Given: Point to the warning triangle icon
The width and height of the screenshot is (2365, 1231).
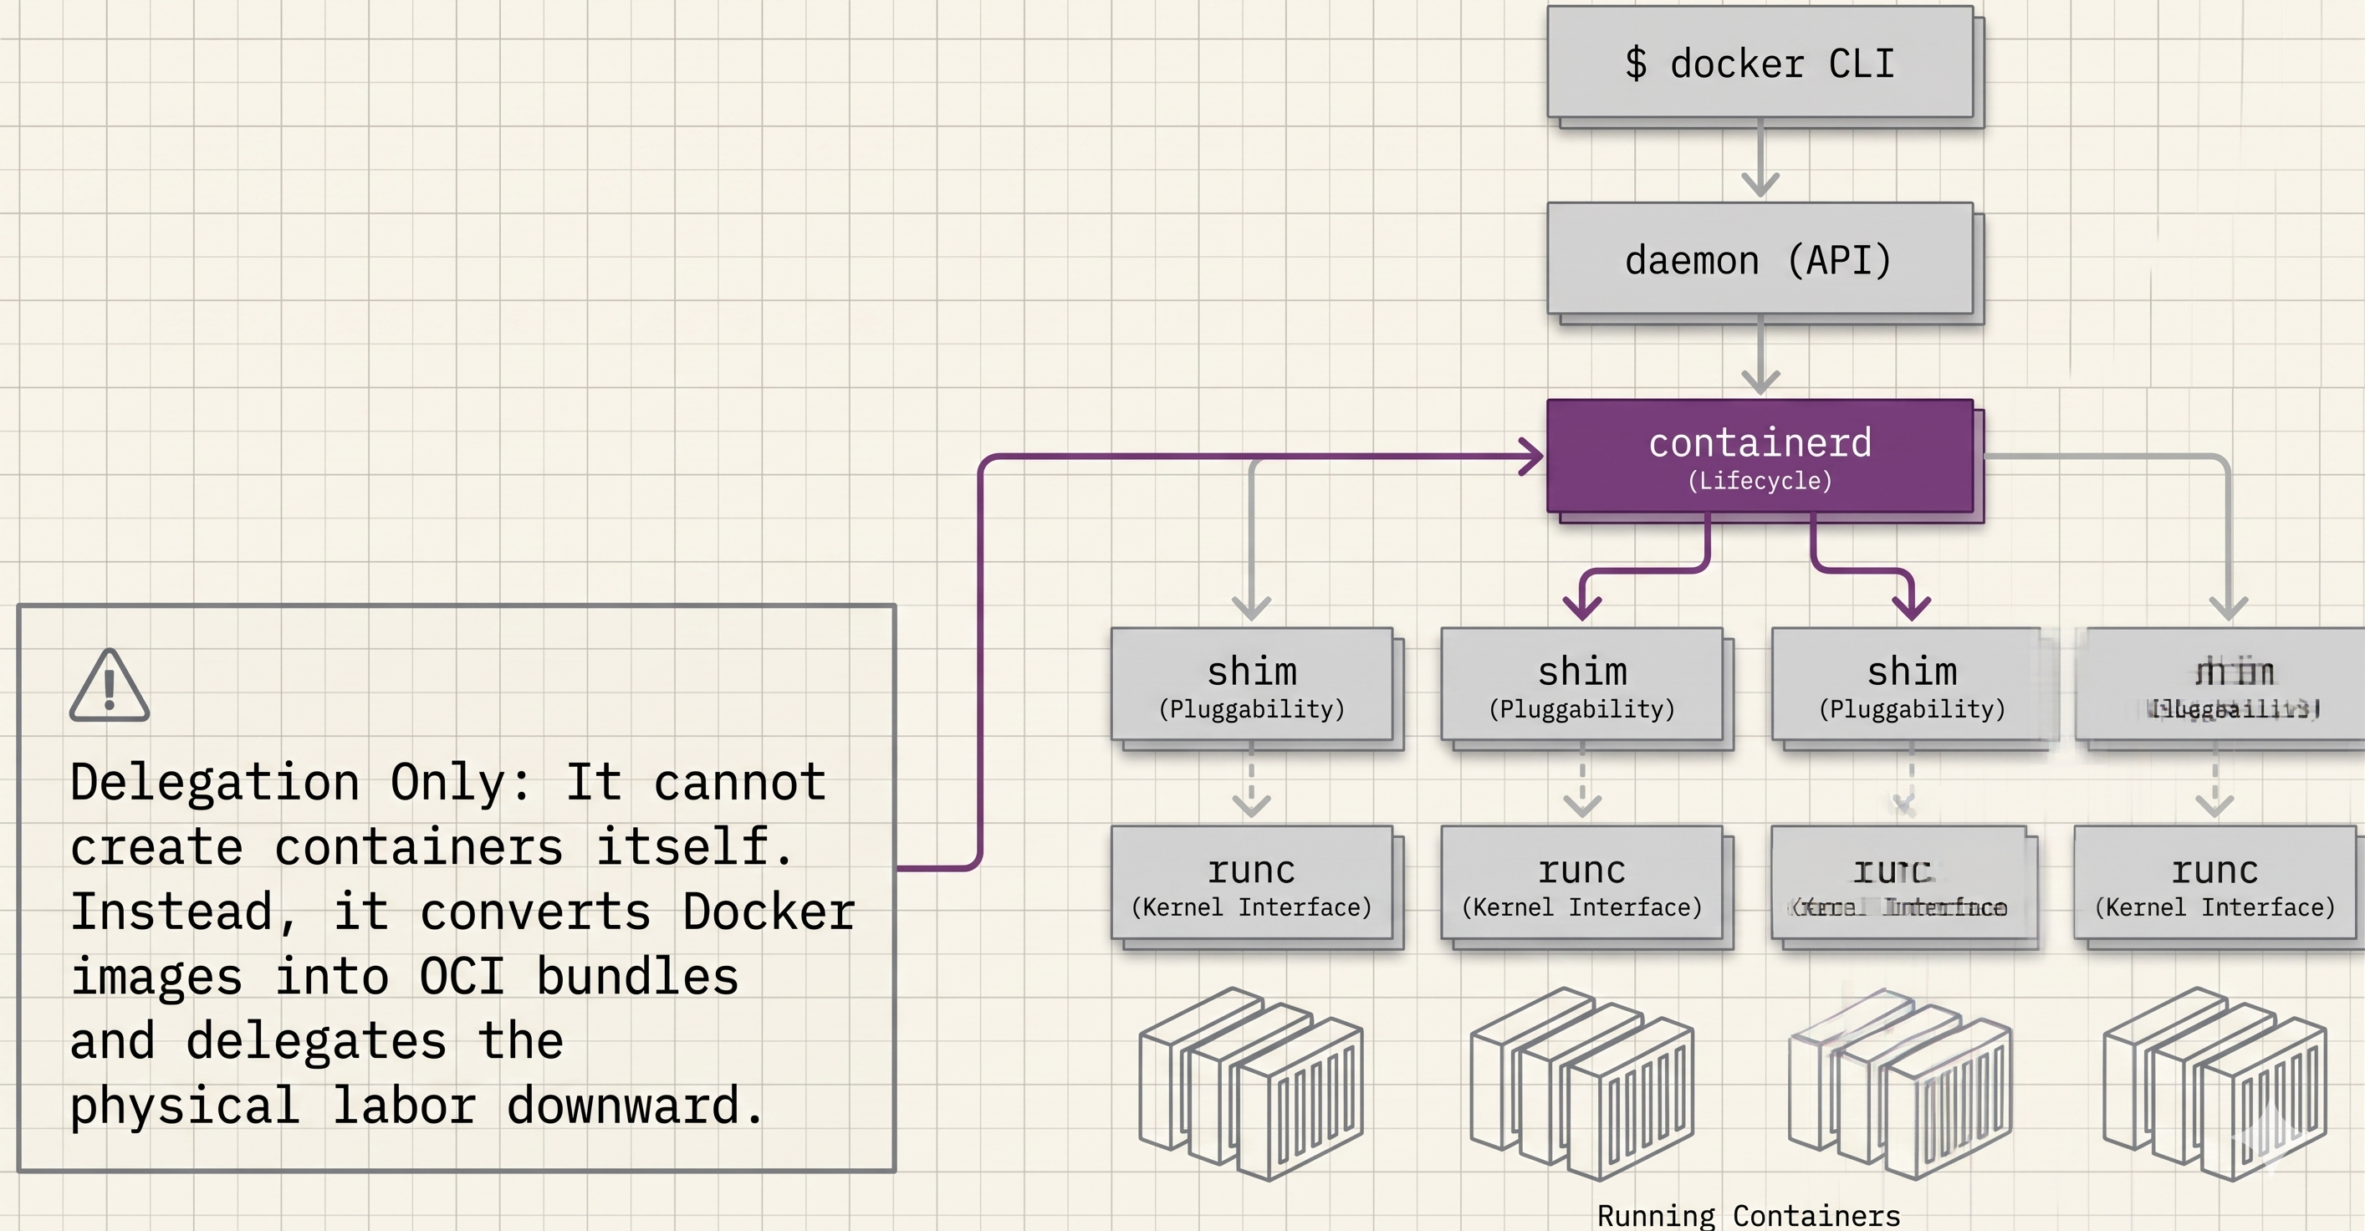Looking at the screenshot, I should pos(110,687).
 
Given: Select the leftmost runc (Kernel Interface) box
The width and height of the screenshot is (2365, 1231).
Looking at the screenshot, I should pos(1251,882).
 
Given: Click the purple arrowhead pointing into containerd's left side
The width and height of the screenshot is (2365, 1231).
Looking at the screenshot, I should pos(1532,457).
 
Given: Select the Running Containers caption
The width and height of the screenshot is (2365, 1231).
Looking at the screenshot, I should pos(1748,1215).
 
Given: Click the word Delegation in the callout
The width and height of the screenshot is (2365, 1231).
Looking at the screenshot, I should pos(214,782).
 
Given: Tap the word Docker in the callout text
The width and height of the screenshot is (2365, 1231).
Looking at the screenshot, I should pos(769,912).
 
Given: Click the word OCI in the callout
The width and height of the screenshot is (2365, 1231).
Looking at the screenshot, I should pos(462,976).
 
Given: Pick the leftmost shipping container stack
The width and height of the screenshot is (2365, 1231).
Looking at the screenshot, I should pos(1251,1083).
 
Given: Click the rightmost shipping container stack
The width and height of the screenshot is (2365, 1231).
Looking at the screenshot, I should pos(2214,1083).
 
